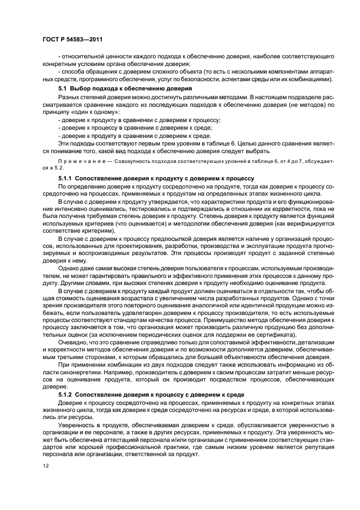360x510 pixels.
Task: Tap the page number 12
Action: click(46, 465)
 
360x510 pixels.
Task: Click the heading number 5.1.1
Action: click(65, 178)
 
